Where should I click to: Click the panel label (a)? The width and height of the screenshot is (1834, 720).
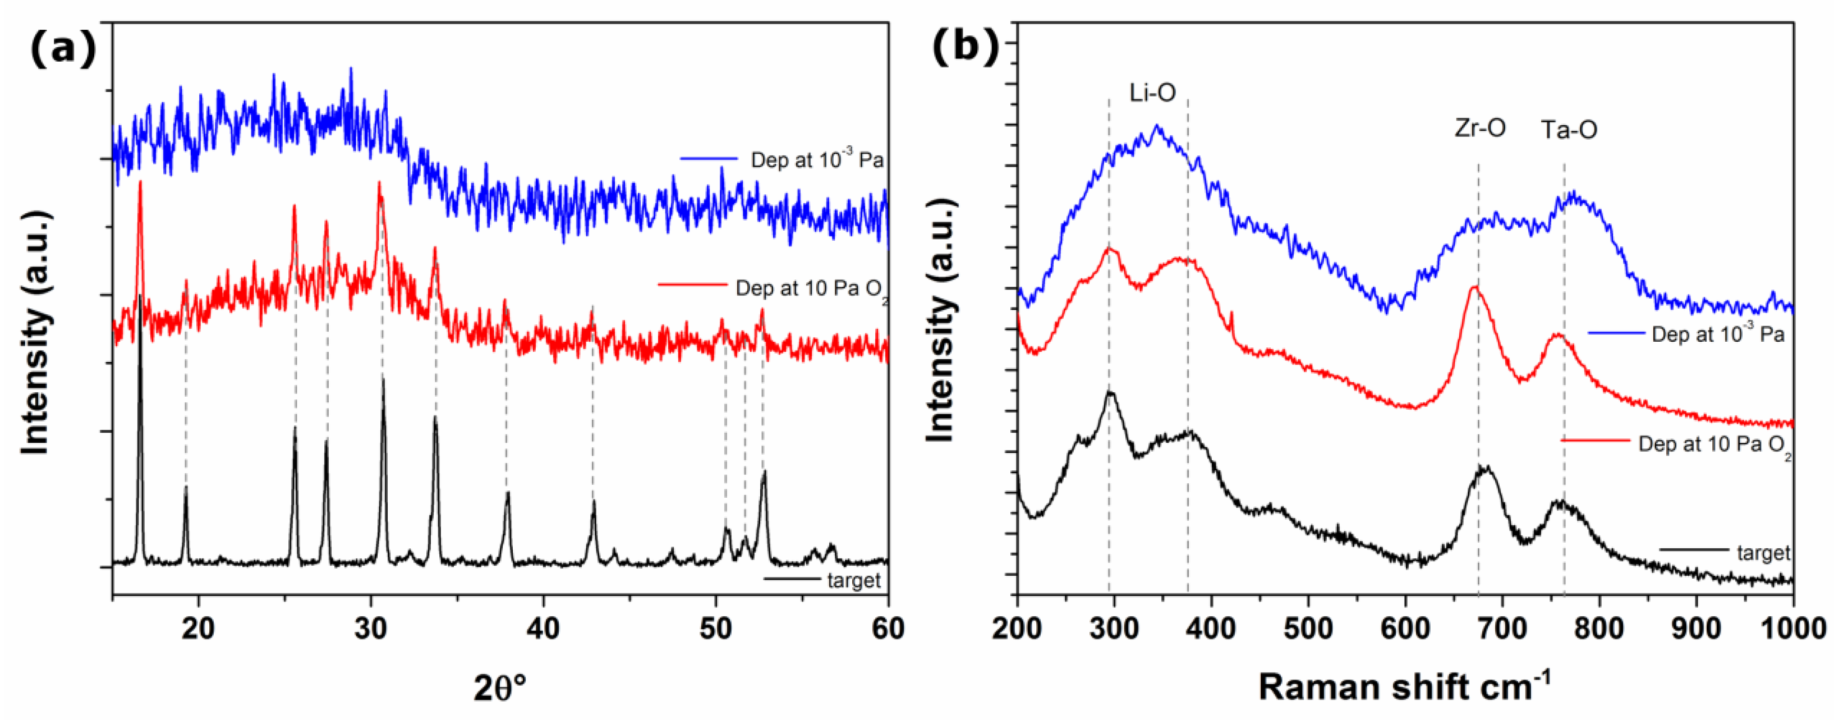pyautogui.click(x=63, y=49)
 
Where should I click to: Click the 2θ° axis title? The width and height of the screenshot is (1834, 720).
pyautogui.click(x=500, y=688)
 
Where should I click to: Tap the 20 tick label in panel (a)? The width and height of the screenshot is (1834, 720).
pyautogui.click(x=199, y=629)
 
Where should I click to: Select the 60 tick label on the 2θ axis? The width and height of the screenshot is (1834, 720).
pyautogui.click(x=887, y=629)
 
